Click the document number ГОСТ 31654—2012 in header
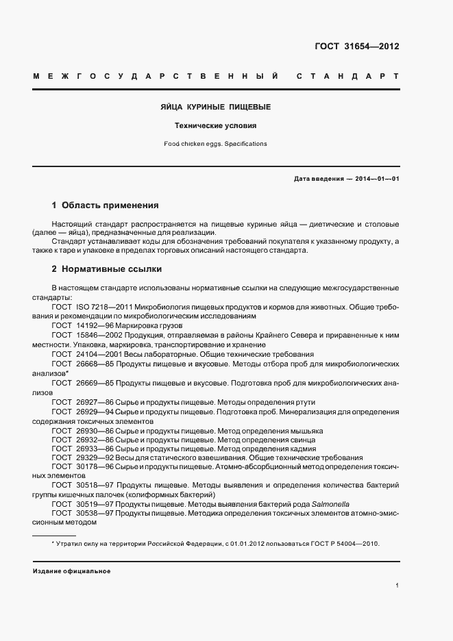coord(356,47)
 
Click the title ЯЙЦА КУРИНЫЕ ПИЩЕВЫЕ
coord(216,108)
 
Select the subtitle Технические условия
coord(215,126)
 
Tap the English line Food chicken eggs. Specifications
coord(215,144)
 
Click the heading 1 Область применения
coord(106,205)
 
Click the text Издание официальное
coord(71,570)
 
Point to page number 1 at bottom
coord(397,586)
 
